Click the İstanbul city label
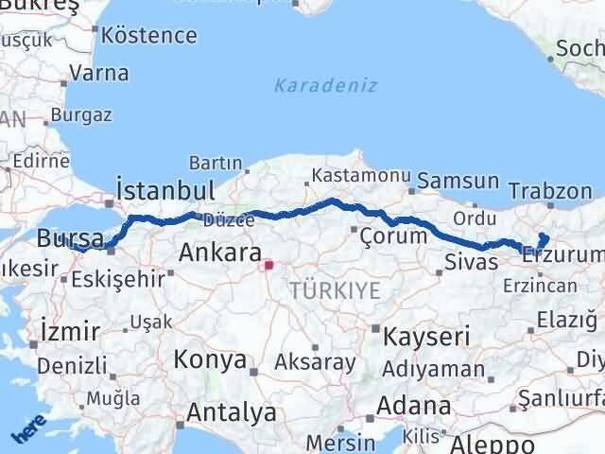(164, 189)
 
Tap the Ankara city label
(220, 253)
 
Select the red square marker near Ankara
(268, 265)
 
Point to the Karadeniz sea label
(326, 85)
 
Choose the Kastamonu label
(361, 176)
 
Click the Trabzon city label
(549, 190)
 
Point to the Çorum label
(394, 236)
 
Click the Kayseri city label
(421, 336)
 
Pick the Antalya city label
(232, 412)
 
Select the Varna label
(98, 72)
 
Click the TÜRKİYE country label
(336, 290)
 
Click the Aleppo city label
(493, 444)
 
